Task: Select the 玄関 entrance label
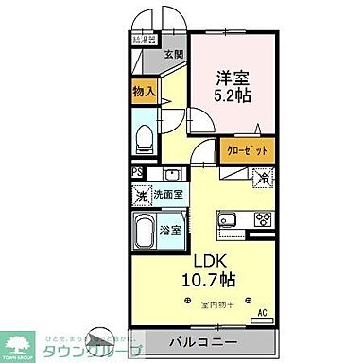coord(174,54)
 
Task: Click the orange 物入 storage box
coord(145,93)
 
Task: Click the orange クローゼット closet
coord(249,149)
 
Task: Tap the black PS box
coord(137,173)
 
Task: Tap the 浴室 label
coord(169,230)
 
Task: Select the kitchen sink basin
coord(229,220)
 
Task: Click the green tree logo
coord(20,344)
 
